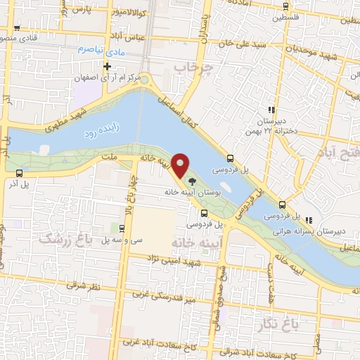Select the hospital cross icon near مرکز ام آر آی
pyautogui.click(x=108, y=67)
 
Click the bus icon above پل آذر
pyautogui.click(x=18, y=173)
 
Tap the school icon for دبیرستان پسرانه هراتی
pyautogui.click(x=283, y=205)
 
